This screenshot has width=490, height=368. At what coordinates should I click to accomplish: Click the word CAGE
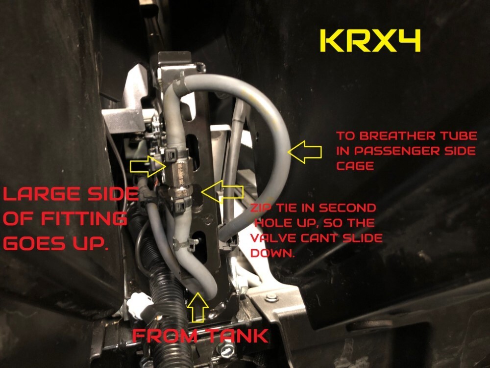point(355,166)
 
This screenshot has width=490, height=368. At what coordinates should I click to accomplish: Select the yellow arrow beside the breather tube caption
point(304,153)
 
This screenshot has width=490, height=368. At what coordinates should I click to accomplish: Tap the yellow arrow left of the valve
point(145,166)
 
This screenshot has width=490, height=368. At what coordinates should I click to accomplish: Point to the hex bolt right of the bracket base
point(270,298)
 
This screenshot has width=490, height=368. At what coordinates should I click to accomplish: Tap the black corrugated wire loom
point(164,319)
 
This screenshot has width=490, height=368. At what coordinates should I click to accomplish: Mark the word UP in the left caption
point(95,243)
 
